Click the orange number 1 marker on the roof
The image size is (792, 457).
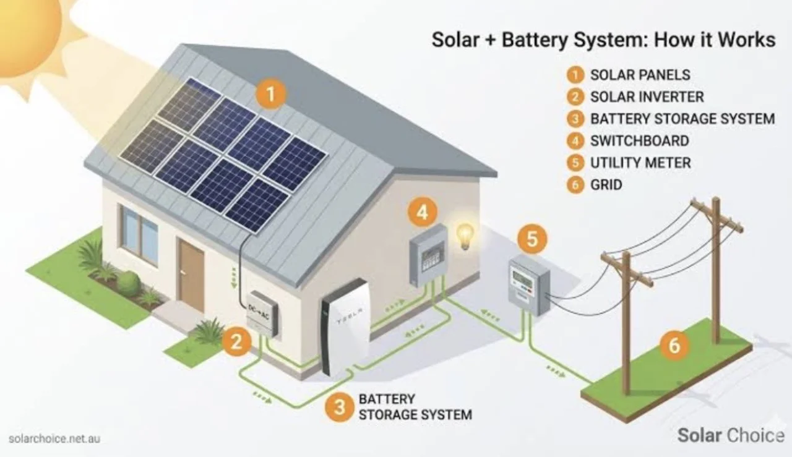click(270, 95)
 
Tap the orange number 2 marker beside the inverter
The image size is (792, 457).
click(236, 342)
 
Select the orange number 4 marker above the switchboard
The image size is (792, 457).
click(423, 213)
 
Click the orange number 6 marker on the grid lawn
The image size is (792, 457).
click(674, 345)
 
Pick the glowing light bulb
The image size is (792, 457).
click(465, 236)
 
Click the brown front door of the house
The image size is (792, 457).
click(191, 275)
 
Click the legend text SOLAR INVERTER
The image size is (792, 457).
click(647, 97)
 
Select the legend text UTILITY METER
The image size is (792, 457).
click(640, 163)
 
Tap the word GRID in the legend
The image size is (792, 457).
click(606, 185)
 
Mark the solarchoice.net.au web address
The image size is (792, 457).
click(54, 438)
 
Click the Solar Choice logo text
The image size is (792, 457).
click(731, 435)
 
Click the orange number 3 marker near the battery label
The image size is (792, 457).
click(339, 407)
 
